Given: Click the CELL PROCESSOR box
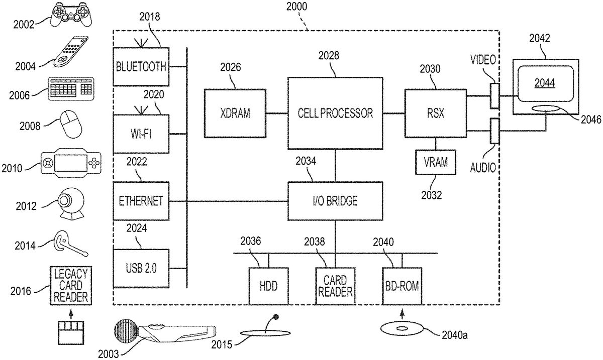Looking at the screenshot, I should (x=335, y=113).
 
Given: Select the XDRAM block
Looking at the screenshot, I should (x=235, y=113).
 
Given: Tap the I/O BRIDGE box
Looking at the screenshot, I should (x=335, y=201).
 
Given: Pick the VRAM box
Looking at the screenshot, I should (x=435, y=162).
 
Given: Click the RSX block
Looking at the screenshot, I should (x=435, y=113).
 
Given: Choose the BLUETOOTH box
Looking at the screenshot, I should (x=141, y=67).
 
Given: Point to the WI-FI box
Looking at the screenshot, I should (x=141, y=134).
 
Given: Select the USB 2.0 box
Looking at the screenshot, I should (x=141, y=268).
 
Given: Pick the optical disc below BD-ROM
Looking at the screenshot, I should (x=402, y=329).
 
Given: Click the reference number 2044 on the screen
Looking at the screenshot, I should (x=545, y=83).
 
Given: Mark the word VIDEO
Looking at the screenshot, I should (x=483, y=60).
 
